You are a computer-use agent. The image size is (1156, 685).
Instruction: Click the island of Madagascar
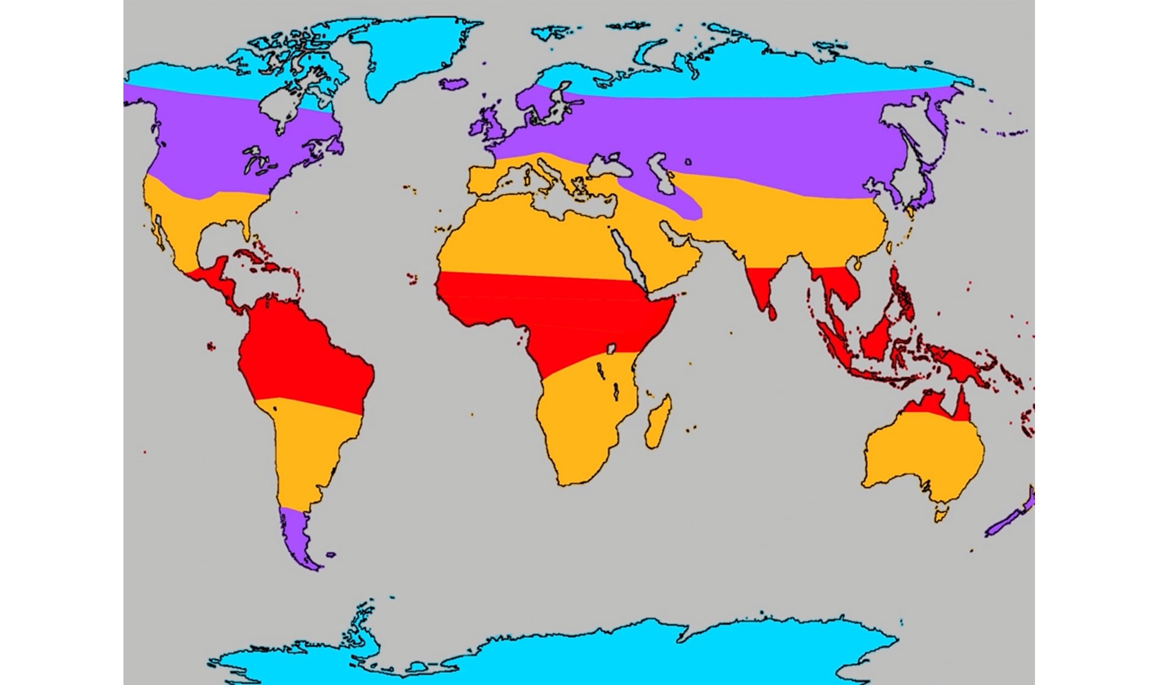coord(658,421)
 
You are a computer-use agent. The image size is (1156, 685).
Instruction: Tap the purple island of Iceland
coord(454,84)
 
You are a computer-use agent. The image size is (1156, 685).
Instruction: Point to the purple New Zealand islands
coord(1011,518)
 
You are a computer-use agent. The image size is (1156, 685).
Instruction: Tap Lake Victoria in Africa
coord(611,349)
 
